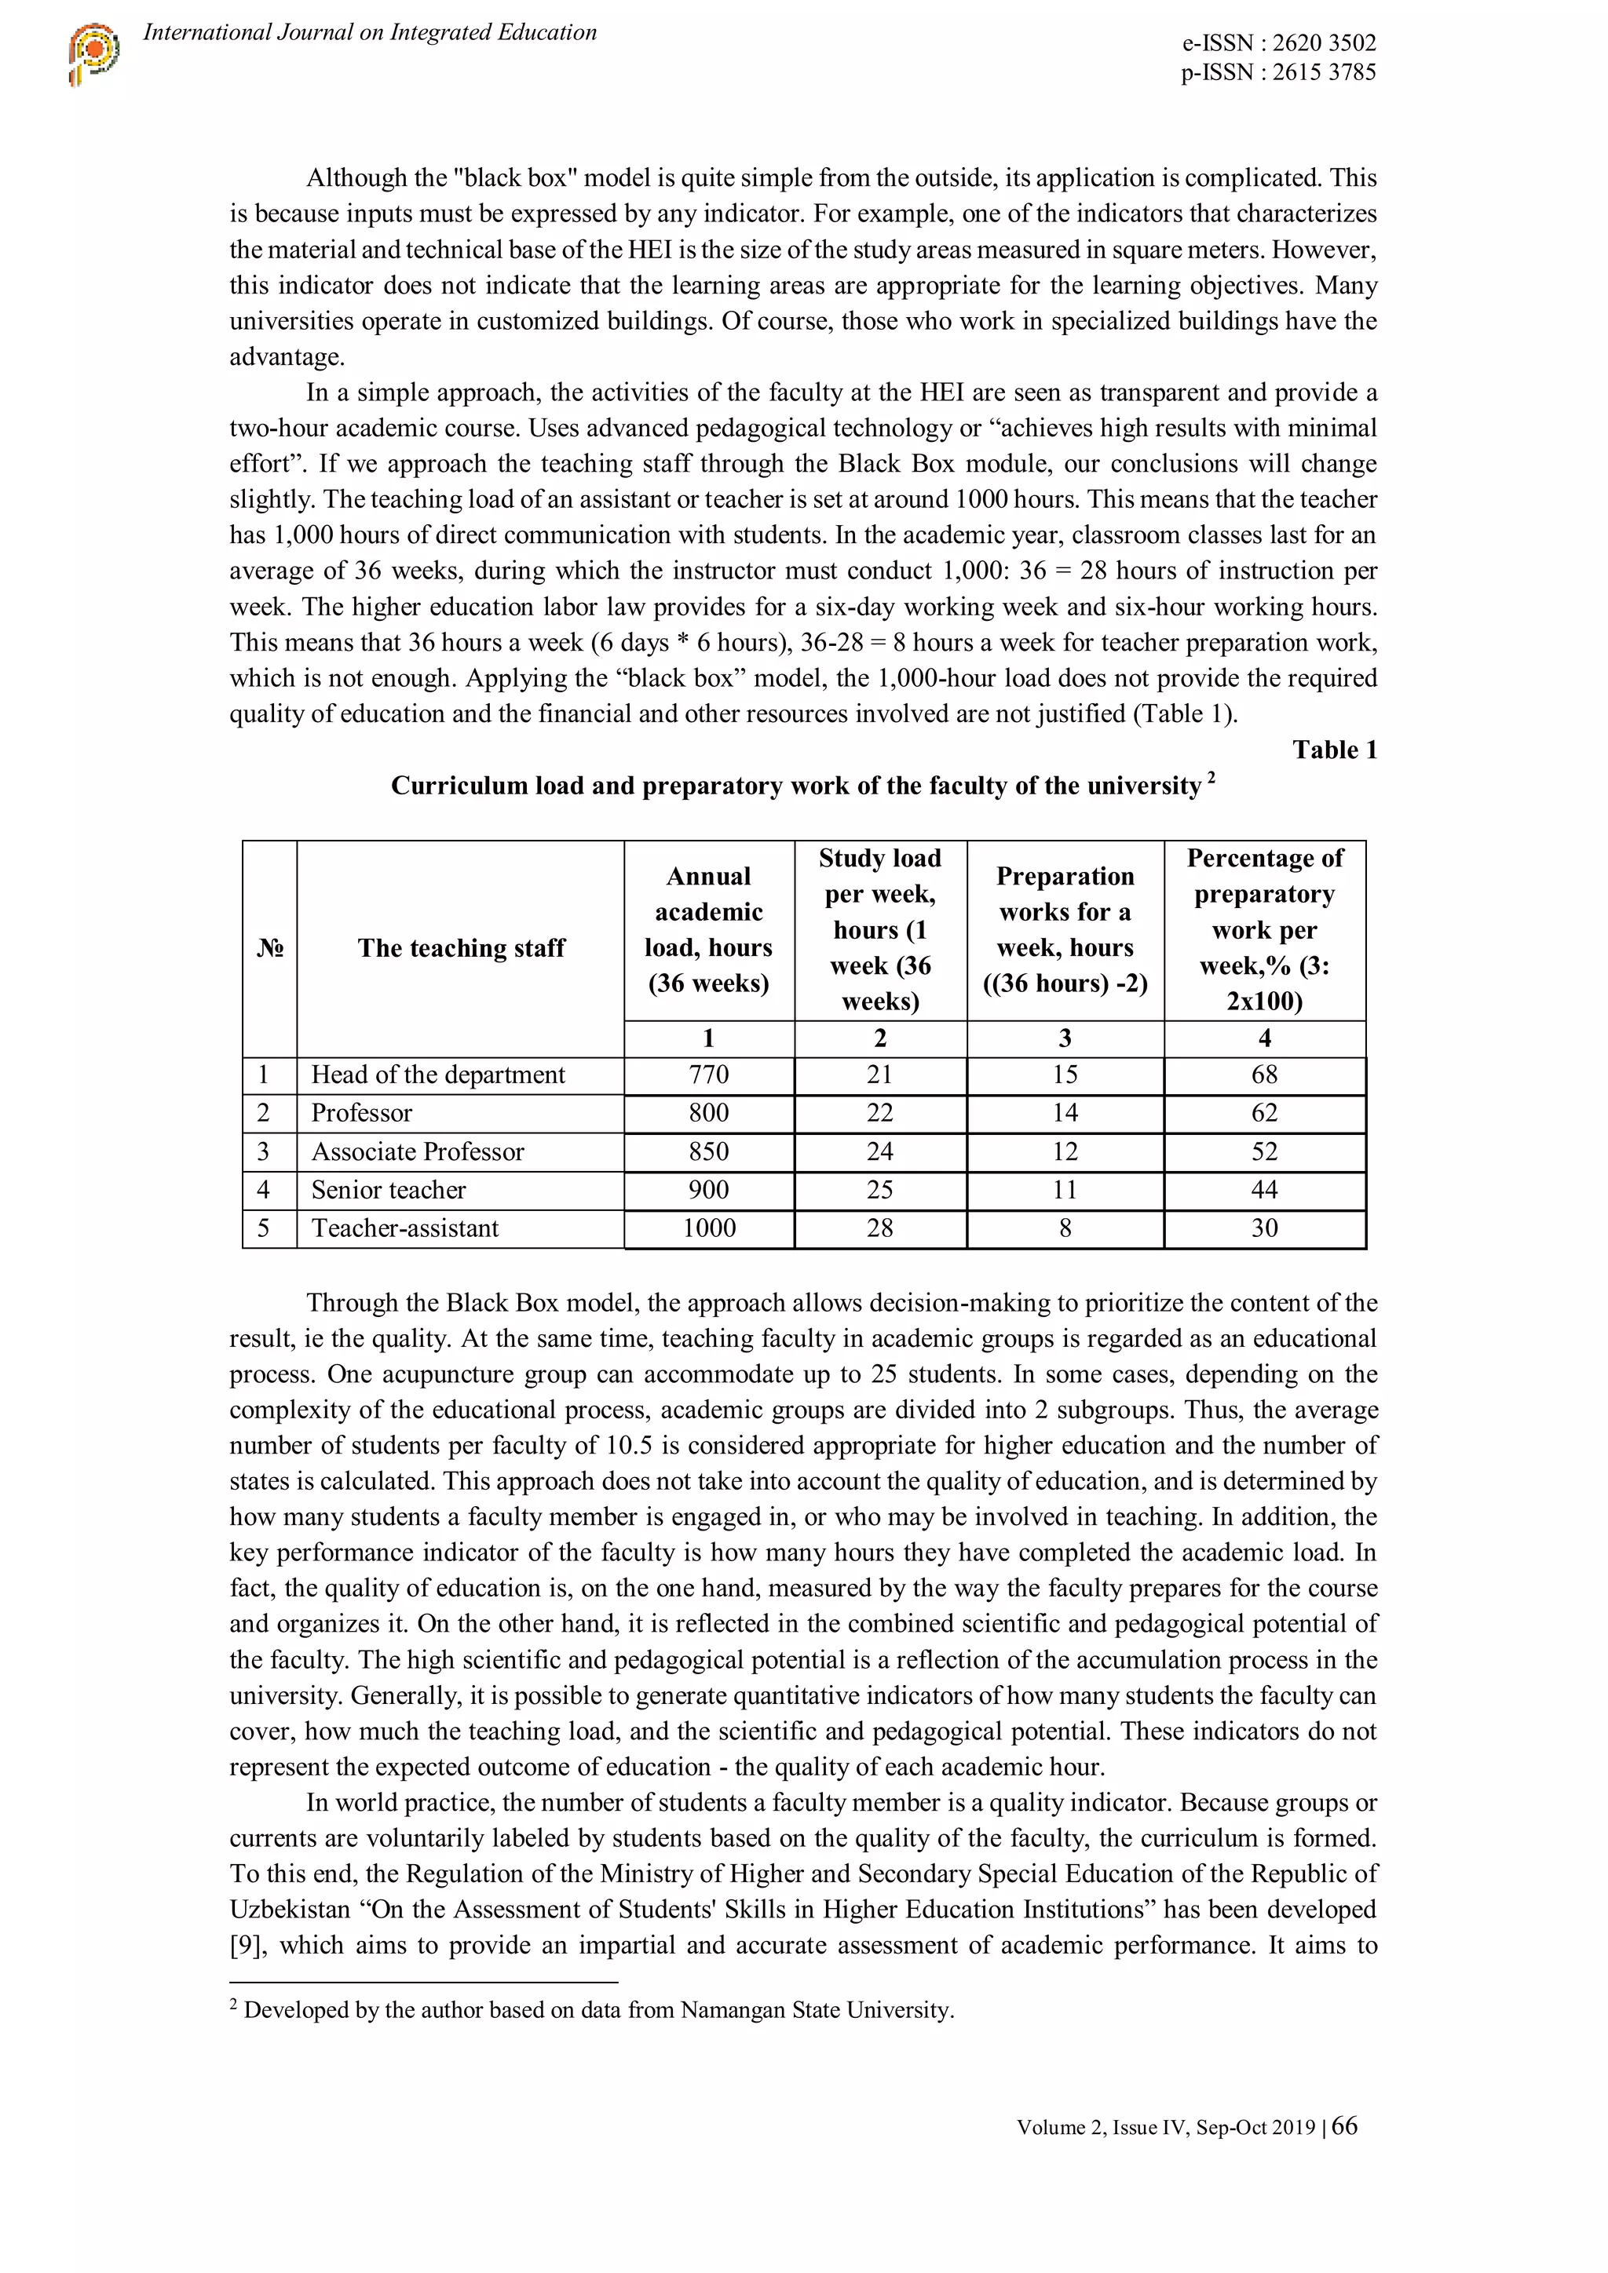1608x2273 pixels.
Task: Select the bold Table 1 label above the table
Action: [1334, 750]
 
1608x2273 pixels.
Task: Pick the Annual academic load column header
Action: [708, 929]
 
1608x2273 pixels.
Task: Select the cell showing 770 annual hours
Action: [708, 1075]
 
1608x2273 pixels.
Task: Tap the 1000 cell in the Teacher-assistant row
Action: [708, 1228]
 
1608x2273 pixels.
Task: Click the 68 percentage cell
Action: [1263, 1075]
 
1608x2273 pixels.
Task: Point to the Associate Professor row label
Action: [417, 1151]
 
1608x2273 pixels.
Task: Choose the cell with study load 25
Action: [879, 1190]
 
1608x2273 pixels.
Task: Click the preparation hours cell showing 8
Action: [1065, 1228]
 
